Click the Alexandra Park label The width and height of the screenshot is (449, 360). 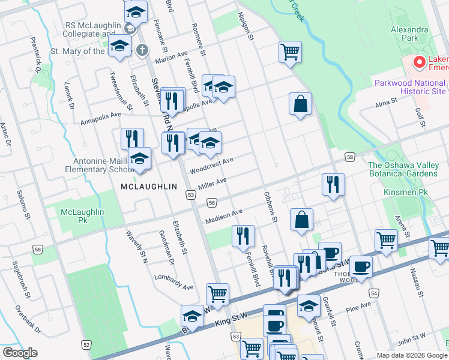point(409,34)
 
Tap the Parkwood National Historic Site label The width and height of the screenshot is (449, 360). point(410,87)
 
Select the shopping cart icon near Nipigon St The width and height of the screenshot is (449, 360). point(290,52)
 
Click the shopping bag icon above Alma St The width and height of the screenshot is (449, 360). point(300,103)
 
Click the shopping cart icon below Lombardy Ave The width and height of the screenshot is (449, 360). point(217,294)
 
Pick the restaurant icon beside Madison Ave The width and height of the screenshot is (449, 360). point(243,235)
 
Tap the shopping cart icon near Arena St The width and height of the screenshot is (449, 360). point(386,239)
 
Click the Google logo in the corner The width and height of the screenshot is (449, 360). point(20,353)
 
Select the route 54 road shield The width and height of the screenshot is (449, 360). point(375,293)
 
